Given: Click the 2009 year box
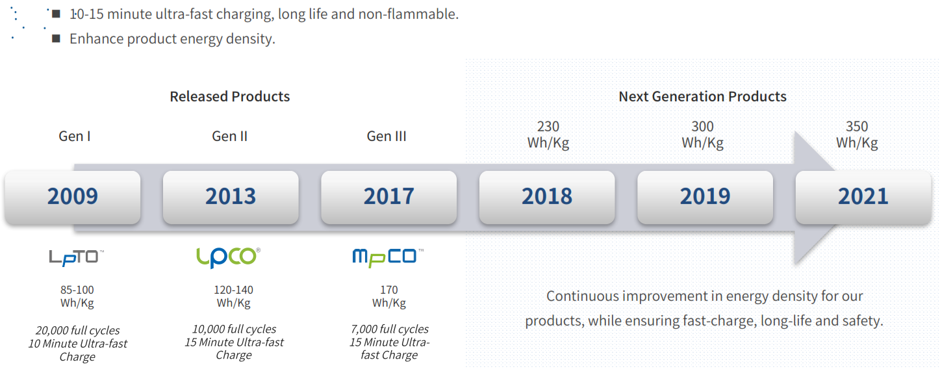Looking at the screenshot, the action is coord(73,197).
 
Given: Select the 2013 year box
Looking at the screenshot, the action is coord(231,197).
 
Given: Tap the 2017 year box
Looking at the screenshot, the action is coord(389,197).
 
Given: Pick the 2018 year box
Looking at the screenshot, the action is coord(547,197).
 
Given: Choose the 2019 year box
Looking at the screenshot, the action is coord(705,197).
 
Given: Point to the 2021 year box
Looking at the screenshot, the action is coord(863,197).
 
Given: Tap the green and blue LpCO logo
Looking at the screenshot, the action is coord(228,257).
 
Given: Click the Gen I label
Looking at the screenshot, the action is coord(75,136).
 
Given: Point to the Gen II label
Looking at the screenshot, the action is coord(229,136).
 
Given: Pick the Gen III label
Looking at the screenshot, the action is coord(387,136).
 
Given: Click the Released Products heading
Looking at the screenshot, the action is coord(230,97).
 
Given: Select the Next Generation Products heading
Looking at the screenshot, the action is coord(702,97).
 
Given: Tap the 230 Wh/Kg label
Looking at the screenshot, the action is coord(548,134).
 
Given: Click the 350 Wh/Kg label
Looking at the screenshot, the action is coord(857,134).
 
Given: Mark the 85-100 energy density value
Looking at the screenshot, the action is coord(77,290).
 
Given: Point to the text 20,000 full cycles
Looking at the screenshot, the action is coord(78,331).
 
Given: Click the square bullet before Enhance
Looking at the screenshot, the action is coord(56,38).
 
